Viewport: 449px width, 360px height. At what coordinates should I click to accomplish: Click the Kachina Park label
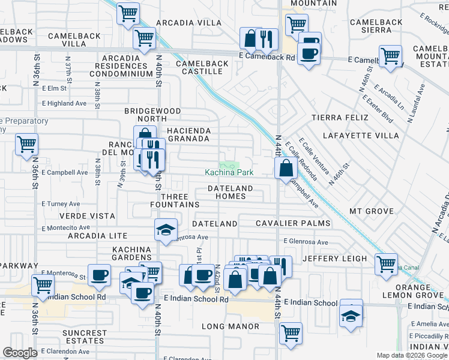(x=229, y=173)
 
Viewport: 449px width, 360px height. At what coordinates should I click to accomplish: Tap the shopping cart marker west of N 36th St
(x=26, y=145)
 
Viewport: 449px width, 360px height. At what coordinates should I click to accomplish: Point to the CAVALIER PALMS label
(x=293, y=223)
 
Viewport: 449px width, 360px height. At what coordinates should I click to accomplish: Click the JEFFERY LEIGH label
(x=334, y=259)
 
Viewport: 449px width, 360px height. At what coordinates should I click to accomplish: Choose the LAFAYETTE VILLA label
(x=361, y=136)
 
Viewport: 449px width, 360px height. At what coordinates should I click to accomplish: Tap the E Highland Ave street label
(x=64, y=103)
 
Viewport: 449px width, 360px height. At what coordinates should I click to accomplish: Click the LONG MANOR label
(x=231, y=327)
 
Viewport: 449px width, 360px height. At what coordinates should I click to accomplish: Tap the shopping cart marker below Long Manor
(x=291, y=333)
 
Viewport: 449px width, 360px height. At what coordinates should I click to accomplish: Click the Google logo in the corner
(x=20, y=353)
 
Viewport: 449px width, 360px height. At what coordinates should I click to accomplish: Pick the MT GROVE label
(x=372, y=211)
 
